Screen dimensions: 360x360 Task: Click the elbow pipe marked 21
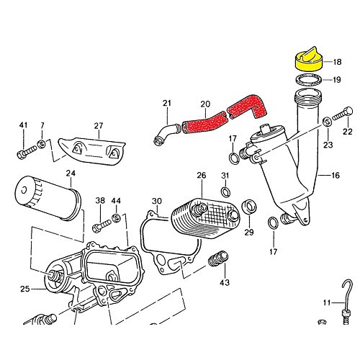[166, 133]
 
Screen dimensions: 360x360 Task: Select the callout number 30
[157, 201]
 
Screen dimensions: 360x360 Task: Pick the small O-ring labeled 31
[225, 192]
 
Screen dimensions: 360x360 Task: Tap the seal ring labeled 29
[248, 207]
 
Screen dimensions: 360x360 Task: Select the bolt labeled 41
[22, 152]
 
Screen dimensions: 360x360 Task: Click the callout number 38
[101, 201]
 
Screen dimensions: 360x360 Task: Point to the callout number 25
[24, 289]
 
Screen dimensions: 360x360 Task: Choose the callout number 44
[117, 201]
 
